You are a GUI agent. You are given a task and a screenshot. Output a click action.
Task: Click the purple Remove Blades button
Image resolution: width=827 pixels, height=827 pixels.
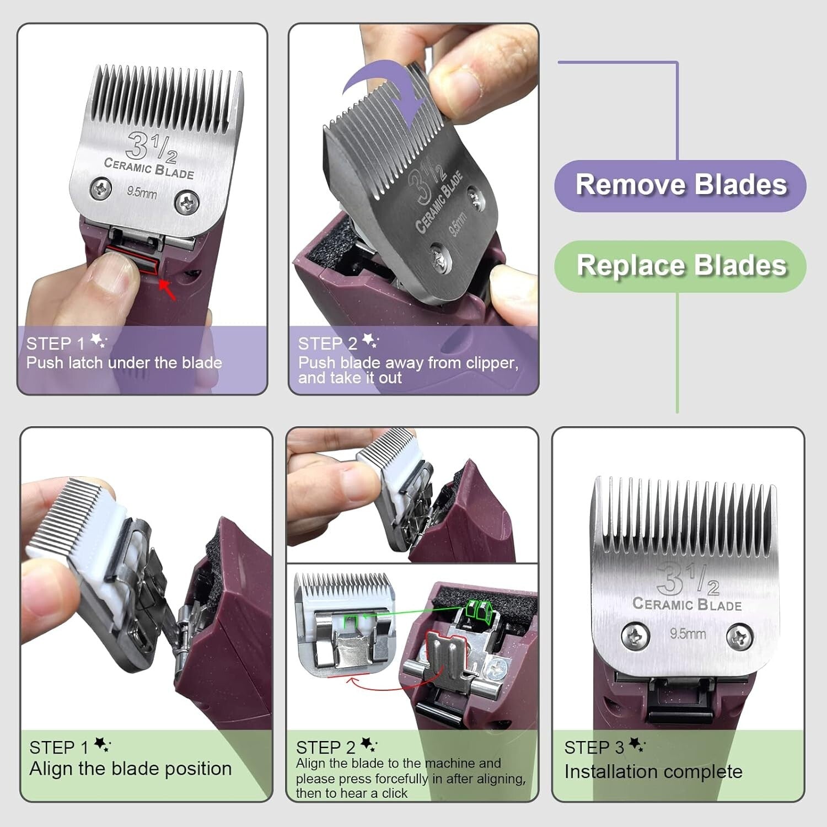(x=680, y=185)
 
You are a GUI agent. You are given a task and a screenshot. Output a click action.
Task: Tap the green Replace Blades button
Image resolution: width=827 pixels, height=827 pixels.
(x=680, y=266)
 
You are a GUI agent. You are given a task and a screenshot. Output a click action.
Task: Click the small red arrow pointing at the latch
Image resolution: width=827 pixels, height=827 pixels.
(x=168, y=289)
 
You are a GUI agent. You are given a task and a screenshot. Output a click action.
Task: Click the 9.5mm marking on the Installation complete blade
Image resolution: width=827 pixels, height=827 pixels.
(x=688, y=633)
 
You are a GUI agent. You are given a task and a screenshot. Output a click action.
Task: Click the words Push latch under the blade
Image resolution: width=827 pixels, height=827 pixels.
(x=124, y=363)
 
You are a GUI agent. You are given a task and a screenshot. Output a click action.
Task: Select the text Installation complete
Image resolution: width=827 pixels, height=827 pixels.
(x=653, y=771)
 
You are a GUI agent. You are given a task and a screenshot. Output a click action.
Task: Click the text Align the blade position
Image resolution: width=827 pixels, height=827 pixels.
(x=131, y=769)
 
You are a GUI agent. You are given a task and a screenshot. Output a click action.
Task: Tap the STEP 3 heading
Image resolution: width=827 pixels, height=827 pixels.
(x=594, y=748)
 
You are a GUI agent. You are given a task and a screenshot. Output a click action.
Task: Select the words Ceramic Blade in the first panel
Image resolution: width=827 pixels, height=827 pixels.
(x=149, y=168)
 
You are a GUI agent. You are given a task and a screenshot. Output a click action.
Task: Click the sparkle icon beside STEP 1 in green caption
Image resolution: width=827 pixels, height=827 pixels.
(x=102, y=745)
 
